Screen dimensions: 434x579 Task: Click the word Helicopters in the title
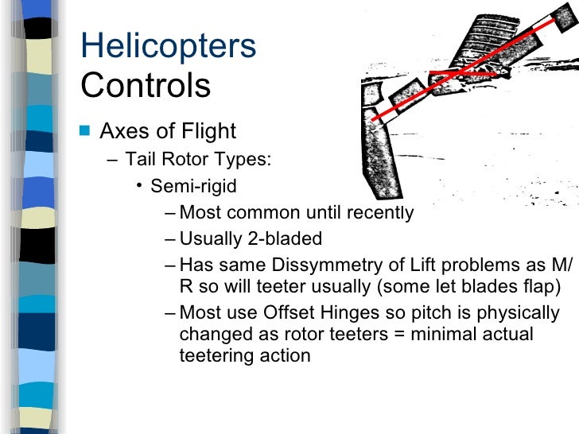coord(169,47)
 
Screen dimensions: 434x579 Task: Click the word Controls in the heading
coord(146,86)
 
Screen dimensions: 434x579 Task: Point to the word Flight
coord(208,130)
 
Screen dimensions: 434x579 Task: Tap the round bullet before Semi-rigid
coord(138,187)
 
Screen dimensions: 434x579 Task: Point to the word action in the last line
coord(280,355)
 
